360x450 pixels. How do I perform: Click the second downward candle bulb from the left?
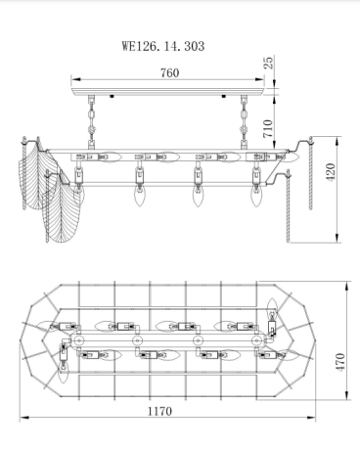coord(137,196)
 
